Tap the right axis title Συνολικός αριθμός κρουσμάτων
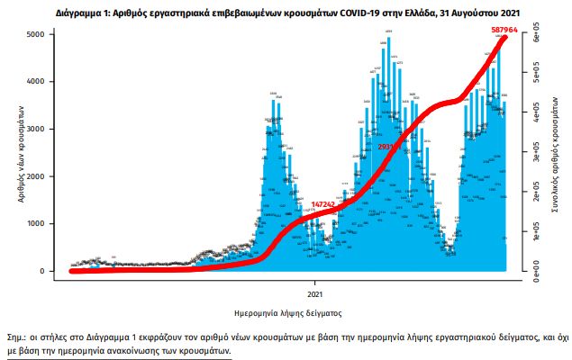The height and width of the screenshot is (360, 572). tap(552, 153)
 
